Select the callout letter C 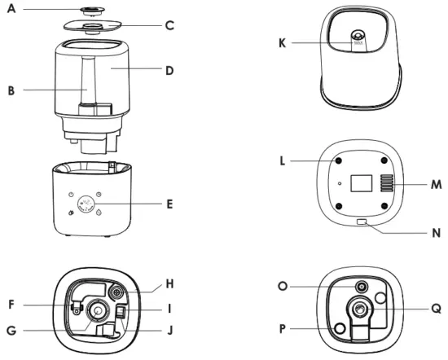click(x=169, y=25)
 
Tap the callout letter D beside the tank click(x=169, y=71)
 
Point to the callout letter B click(x=11, y=90)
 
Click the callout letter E click(x=169, y=203)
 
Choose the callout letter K click(x=283, y=42)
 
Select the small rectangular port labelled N click(x=362, y=222)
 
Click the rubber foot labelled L click(x=335, y=161)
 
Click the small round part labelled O click(x=359, y=288)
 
